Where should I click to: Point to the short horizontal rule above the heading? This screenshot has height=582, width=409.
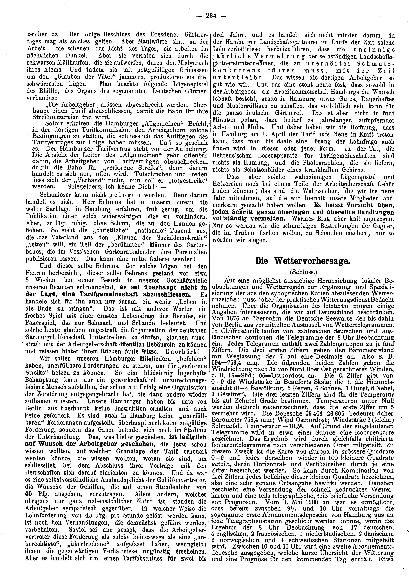pos(303,248)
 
